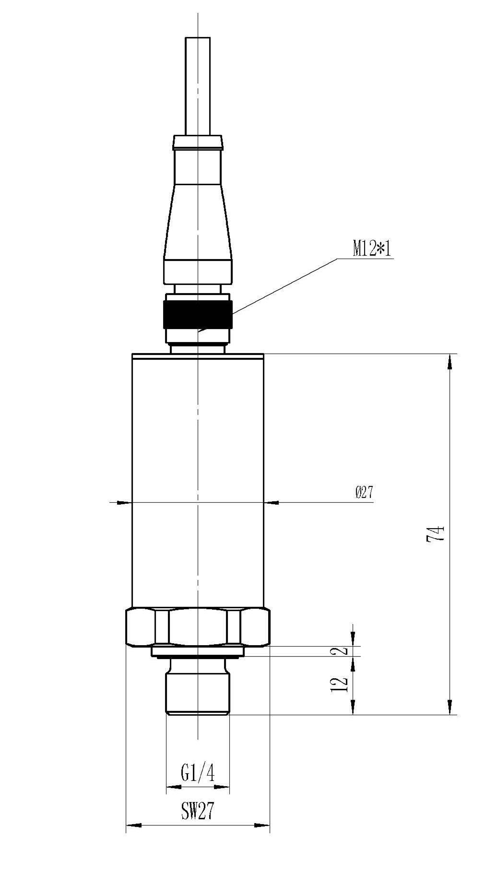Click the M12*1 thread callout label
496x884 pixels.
(372, 248)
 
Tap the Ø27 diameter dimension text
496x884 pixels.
(365, 492)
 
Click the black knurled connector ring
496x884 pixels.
(198, 314)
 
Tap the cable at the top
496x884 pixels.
(198, 86)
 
